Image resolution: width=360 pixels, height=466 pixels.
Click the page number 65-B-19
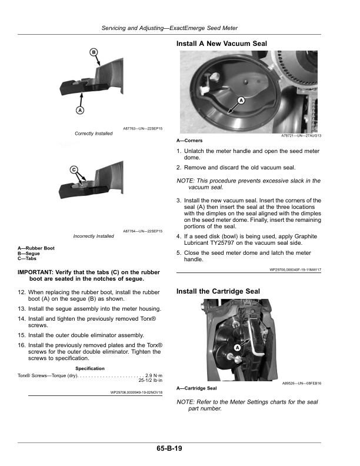point(169,448)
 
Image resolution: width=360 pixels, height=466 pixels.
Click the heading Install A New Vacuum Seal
point(222,44)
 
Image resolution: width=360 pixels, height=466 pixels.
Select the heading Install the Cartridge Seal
point(218,291)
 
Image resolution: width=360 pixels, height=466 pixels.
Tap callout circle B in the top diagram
point(94,52)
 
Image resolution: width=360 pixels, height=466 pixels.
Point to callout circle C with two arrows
point(74,170)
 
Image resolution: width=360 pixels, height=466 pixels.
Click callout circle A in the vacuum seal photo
point(241,101)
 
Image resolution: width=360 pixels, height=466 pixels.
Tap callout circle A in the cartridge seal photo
point(237,347)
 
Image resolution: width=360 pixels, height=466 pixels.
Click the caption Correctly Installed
point(94,134)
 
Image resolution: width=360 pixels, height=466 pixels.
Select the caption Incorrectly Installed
point(94,237)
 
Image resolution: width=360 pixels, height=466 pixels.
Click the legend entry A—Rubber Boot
point(36,248)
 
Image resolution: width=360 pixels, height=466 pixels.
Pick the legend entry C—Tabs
point(26,258)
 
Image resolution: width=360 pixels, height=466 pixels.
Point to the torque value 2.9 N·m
point(154,375)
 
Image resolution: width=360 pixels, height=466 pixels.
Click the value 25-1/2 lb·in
point(151,380)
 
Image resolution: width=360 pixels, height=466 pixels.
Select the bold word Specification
point(90,368)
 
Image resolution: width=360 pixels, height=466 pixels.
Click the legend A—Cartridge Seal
point(196,388)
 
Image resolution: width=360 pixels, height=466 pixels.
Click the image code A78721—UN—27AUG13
point(301,135)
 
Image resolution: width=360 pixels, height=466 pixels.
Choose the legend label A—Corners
point(189,141)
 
